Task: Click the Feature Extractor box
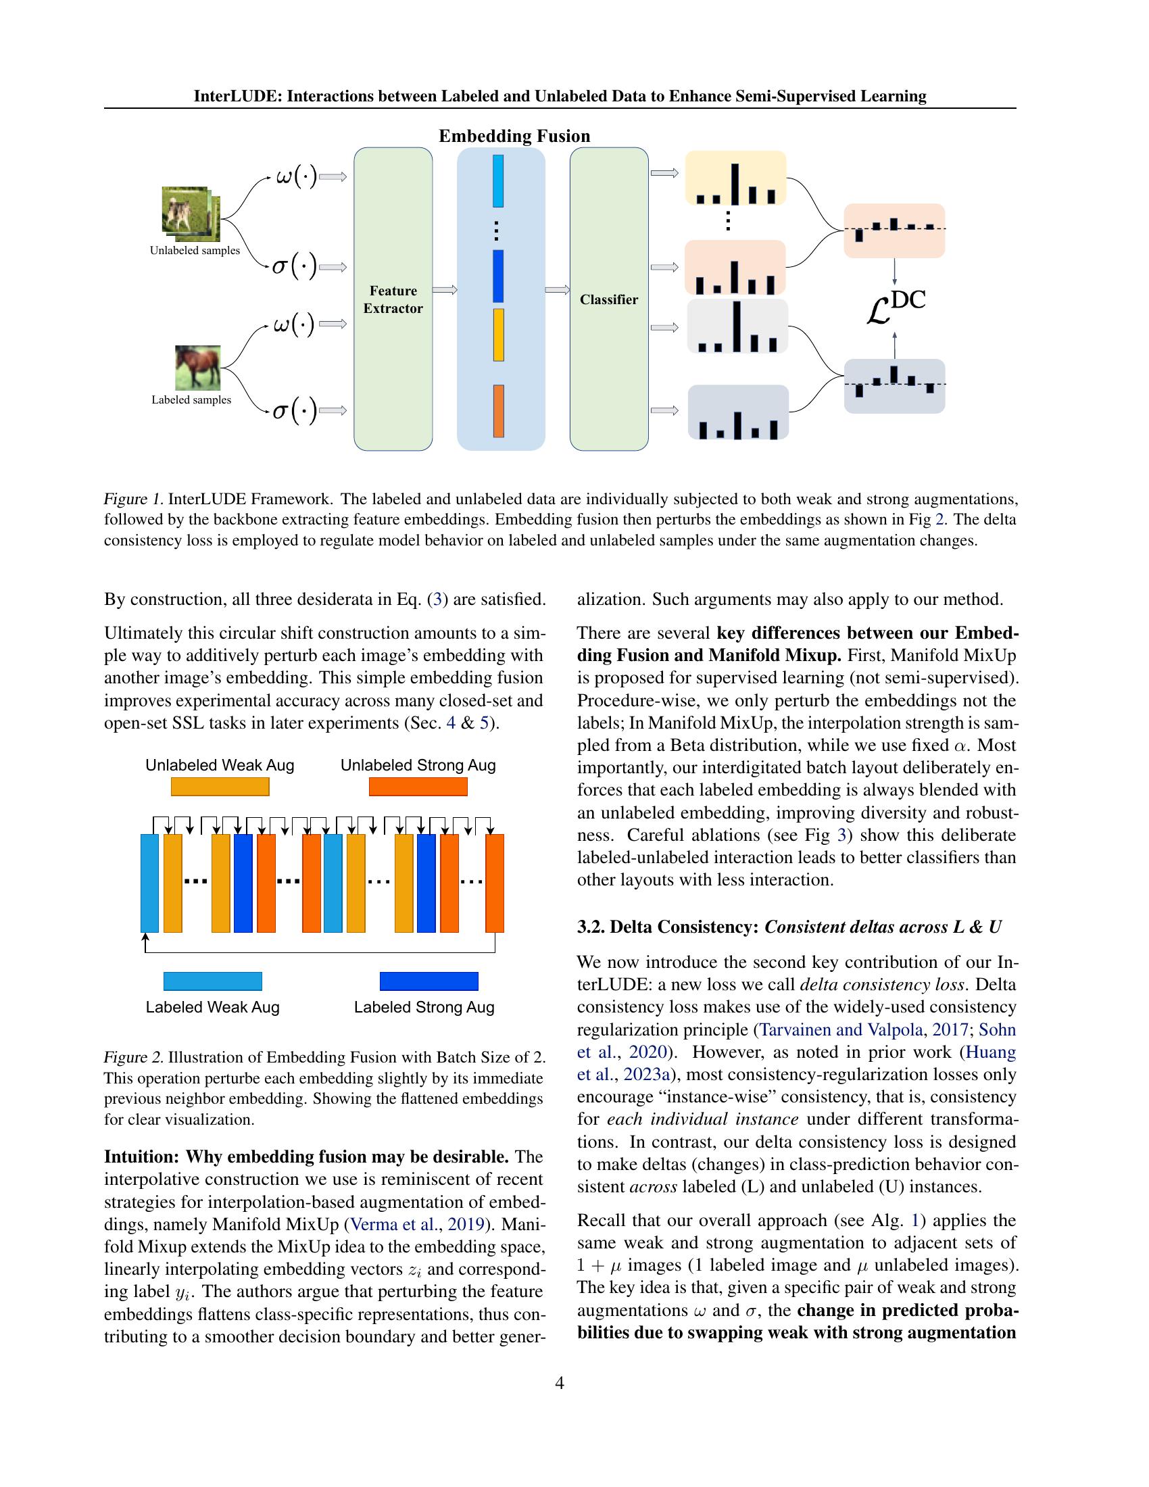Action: click(x=393, y=299)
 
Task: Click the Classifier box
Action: click(x=608, y=299)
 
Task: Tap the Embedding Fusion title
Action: click(x=514, y=136)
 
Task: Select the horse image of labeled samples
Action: click(x=197, y=368)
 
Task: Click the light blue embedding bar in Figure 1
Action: click(x=497, y=180)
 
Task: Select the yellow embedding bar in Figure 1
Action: click(x=498, y=335)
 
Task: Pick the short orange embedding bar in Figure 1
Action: click(x=498, y=410)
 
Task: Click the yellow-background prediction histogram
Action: click(x=735, y=178)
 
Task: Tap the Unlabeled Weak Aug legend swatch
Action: click(x=220, y=786)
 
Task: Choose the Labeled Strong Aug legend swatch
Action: click(x=429, y=981)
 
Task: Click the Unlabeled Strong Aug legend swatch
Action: click(x=418, y=786)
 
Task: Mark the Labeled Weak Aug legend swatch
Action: click(x=212, y=981)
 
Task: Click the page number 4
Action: click(x=560, y=1383)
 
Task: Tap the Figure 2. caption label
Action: click(x=133, y=1057)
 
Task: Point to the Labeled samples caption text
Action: click(x=191, y=399)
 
